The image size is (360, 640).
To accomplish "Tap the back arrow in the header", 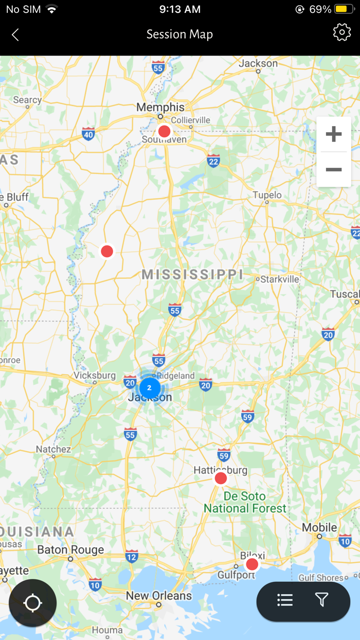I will coord(15,34).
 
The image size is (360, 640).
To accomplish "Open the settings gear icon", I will coord(341,32).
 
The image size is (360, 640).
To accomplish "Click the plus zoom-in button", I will coord(334,134).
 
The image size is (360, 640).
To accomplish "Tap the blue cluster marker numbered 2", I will coord(150,387).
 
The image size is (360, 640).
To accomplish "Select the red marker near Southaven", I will coord(164,131).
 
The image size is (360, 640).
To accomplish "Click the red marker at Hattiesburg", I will coord(221,478).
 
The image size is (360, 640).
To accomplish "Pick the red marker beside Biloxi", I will coord(252,564).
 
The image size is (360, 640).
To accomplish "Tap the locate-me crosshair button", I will coord(32,603).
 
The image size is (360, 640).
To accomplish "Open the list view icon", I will coord(285,600).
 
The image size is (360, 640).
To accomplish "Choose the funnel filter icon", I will coord(321,600).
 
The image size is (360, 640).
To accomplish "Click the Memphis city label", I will coord(160,108).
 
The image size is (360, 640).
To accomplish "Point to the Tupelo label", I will coord(267,195).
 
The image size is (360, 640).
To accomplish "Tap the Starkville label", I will coord(280,279).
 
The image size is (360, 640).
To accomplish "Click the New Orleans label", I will coord(159,596).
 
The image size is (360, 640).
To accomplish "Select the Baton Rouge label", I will coord(70,550).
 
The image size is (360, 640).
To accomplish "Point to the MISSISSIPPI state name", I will coord(192,274).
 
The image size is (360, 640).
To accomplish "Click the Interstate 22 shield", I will coord(213,161).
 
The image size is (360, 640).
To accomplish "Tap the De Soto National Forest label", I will coord(245,502).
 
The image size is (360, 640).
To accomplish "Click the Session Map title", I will coord(179,34).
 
